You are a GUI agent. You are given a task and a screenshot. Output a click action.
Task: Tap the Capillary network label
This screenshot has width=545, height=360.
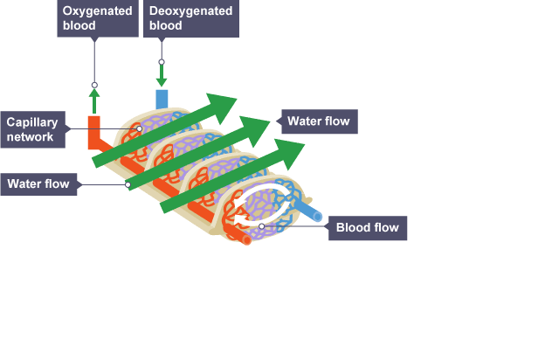click(31, 129)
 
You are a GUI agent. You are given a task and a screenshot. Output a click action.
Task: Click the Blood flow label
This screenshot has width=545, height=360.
click(367, 229)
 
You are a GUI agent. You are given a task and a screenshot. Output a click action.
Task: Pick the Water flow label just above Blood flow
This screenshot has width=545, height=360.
click(318, 121)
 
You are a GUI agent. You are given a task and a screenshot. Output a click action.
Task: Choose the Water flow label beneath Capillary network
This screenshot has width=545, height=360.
click(40, 183)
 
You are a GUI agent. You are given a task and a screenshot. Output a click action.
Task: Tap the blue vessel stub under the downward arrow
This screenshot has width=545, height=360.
click(162, 99)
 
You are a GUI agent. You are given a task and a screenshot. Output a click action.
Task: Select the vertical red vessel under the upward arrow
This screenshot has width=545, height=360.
click(94, 129)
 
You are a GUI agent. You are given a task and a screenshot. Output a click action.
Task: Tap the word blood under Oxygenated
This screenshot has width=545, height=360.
click(79, 26)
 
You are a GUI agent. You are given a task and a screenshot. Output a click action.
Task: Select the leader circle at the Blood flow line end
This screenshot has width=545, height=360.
click(261, 227)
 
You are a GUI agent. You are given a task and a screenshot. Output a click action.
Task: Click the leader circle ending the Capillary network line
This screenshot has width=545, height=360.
click(139, 128)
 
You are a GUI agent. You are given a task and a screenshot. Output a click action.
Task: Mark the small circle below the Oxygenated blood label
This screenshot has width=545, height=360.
click(94, 85)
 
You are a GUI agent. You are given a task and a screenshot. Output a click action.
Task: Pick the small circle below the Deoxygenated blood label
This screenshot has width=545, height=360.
click(161, 61)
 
